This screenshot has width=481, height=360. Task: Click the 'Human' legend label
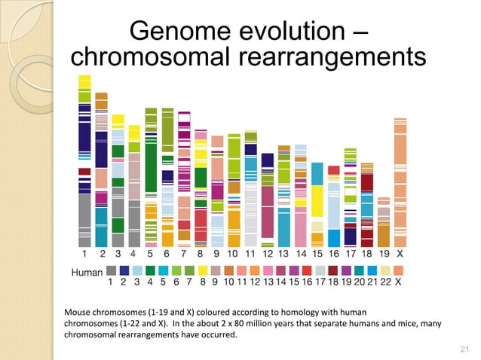[87, 272]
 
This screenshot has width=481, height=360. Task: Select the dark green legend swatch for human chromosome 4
[150, 270]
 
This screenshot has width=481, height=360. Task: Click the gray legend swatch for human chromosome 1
[112, 270]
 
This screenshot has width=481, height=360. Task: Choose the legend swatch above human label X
[397, 270]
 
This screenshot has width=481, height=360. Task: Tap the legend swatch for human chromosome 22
[384, 270]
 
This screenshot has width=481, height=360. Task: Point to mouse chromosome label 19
[384, 255]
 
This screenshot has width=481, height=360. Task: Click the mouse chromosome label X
[400, 255]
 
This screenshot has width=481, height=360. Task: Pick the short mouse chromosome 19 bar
[384, 222]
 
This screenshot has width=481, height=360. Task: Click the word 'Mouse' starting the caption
[81, 311]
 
